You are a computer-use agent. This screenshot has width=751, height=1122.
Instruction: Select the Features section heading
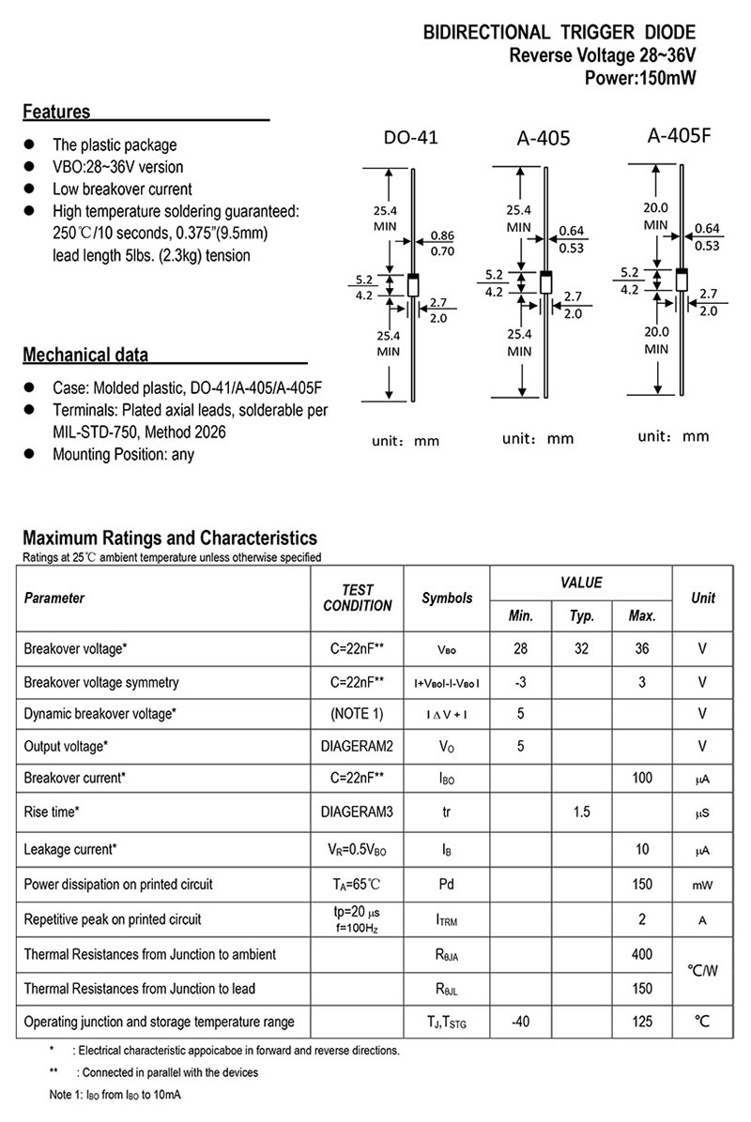pos(56,113)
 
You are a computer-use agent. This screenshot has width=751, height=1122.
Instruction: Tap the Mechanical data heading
pos(84,356)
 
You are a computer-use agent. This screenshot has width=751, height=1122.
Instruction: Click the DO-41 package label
pos(410,138)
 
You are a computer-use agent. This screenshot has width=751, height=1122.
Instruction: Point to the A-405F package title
pos(680,134)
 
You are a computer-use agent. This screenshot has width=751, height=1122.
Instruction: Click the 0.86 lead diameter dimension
pos(441,235)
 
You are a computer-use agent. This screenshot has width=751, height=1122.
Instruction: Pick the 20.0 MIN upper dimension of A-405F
pos(655,216)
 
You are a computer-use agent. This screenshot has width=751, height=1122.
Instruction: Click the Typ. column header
pos(582,616)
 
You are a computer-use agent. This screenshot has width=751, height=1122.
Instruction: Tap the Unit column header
pos(702,598)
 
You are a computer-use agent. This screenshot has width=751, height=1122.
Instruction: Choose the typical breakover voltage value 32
pos(582,648)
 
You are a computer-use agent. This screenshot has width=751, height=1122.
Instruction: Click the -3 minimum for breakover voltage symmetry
pos(520,682)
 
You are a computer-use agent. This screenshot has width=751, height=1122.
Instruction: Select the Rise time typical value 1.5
pos(582,811)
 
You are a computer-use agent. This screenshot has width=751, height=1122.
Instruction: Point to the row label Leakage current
pos(70,849)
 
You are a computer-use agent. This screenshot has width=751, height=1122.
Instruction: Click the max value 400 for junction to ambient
pos(642,954)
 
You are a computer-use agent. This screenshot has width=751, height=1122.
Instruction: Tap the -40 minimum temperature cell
pos(520,1022)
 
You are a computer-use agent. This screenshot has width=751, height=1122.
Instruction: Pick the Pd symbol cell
pos(447,884)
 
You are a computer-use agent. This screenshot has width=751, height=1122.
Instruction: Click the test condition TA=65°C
pos(357,884)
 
